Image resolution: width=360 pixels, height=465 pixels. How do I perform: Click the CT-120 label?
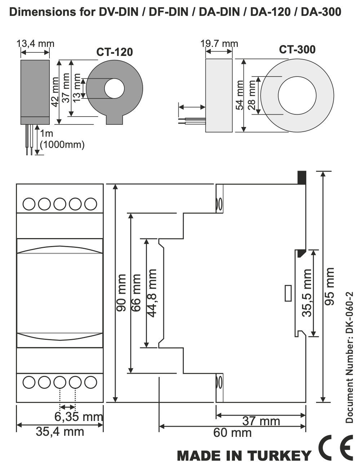[114, 52]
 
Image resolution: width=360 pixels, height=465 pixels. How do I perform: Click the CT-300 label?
[297, 49]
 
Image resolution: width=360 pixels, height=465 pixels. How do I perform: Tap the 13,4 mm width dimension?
[35, 44]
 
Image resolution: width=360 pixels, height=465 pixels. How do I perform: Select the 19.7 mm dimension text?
[219, 44]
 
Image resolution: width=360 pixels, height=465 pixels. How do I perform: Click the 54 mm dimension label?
[240, 95]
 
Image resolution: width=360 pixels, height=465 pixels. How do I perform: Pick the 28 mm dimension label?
[252, 95]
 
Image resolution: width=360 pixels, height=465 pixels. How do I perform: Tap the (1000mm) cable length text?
[62, 145]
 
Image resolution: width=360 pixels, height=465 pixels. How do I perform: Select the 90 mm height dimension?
[121, 293]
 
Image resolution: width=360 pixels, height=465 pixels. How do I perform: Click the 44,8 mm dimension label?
[152, 293]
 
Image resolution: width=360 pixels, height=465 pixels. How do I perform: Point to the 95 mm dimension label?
[329, 286]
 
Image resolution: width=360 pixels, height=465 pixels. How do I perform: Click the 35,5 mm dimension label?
[307, 293]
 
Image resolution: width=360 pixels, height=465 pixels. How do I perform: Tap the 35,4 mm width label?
[60, 431]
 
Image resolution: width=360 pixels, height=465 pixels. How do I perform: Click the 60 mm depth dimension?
[232, 432]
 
